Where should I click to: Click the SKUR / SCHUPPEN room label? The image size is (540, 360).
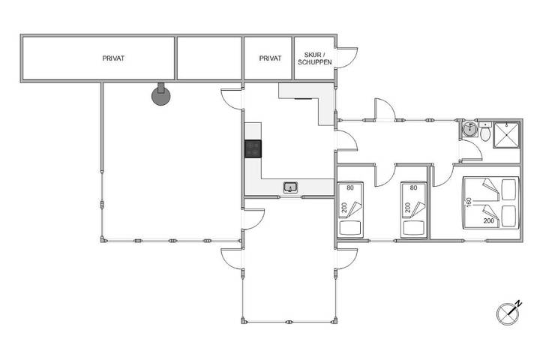[x=314, y=58]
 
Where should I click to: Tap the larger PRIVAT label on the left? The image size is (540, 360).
[x=113, y=58]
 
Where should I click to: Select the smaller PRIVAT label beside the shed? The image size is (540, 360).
[x=270, y=58]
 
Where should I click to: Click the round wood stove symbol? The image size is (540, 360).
[x=160, y=96]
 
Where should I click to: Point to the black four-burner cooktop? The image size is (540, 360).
[x=253, y=148]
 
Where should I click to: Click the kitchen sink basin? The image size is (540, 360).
[x=290, y=187]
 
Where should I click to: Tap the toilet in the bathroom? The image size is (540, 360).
[x=485, y=131]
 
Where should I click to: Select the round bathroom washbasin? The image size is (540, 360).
[x=469, y=130]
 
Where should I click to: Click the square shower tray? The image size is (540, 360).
[x=506, y=135]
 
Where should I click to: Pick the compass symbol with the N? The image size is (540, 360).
[x=508, y=313]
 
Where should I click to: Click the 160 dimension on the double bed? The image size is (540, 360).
[x=468, y=203]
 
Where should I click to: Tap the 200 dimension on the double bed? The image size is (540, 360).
[x=489, y=220]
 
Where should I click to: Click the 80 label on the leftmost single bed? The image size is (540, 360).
[x=350, y=187]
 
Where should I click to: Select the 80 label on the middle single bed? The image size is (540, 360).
[x=413, y=187]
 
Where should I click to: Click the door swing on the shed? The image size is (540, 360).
[x=347, y=58]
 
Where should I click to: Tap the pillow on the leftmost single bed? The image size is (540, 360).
[x=350, y=228]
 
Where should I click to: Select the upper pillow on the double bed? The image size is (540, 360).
[x=508, y=190]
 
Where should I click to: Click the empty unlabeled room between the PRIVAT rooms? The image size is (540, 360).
[x=209, y=58]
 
